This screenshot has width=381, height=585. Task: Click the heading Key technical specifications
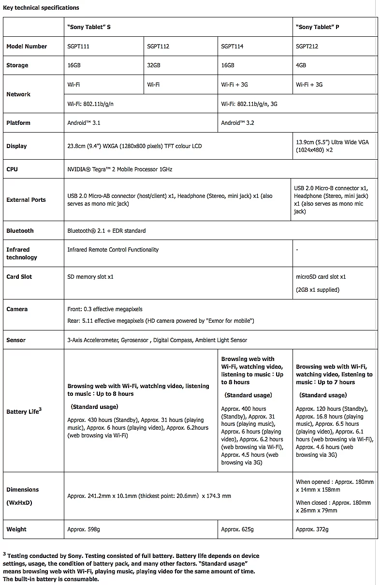[41, 8]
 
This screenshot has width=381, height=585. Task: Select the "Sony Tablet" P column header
[317, 27]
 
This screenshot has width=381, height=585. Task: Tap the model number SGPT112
[158, 46]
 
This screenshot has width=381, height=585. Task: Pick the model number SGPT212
[307, 46]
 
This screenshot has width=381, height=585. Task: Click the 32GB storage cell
[154, 65]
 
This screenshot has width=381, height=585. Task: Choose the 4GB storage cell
[301, 65]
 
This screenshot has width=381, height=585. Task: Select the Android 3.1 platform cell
[84, 123]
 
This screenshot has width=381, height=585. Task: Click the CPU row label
[12, 169]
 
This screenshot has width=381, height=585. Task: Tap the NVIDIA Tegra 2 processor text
[119, 169]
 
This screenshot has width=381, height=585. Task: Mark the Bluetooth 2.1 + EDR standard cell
[106, 231]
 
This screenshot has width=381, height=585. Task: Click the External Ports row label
[26, 200]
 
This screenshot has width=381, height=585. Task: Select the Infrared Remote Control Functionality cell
[113, 250]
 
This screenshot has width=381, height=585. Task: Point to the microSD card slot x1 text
[321, 277]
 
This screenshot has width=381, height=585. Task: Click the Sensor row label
[16, 340]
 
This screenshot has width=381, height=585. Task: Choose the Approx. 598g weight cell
[84, 529]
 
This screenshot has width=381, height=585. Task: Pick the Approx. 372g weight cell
[312, 529]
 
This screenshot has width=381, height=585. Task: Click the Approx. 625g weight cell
[237, 529]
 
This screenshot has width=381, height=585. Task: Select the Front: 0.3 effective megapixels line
[105, 309]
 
